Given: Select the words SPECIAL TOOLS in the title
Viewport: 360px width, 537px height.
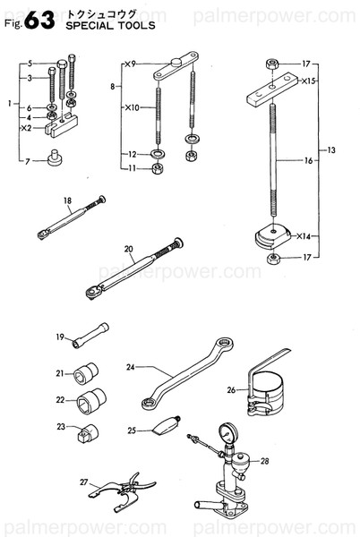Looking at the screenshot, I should pyautogui.click(x=108, y=27).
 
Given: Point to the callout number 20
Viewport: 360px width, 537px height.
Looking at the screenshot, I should pyautogui.click(x=128, y=249).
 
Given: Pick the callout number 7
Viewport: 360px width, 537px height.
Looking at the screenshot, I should pyautogui.click(x=30, y=160).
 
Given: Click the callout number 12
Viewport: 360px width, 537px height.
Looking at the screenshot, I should pyautogui.click(x=131, y=154).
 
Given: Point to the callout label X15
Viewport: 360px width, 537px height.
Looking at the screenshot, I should pyautogui.click(x=308, y=81).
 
